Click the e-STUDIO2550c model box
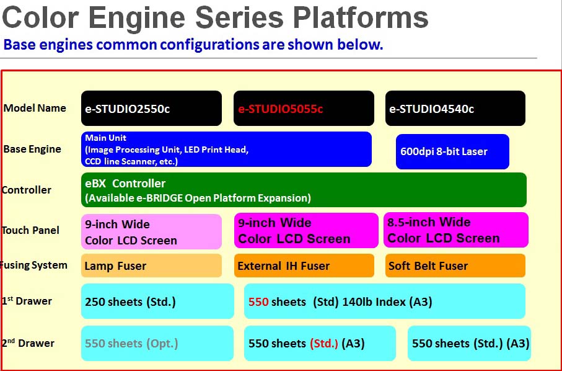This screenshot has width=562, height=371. click(x=151, y=109)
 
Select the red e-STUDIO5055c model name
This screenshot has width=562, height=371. click(x=281, y=109)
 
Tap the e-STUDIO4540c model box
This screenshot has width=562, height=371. click(x=455, y=109)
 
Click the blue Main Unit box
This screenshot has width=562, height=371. click(x=226, y=150)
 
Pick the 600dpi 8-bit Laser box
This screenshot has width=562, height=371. click(x=452, y=151)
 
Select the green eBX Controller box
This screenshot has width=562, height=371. click(x=304, y=190)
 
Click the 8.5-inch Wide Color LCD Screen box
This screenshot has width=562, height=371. click(x=455, y=230)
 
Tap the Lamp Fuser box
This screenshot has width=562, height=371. click(x=151, y=266)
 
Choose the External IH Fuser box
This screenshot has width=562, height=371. click(x=304, y=266)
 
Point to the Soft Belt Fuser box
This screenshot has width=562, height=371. click(x=455, y=266)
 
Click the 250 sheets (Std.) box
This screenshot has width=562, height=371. click(x=157, y=302)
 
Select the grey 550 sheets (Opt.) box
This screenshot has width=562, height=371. click(x=157, y=343)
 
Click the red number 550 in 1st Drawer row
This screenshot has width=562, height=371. click(x=258, y=302)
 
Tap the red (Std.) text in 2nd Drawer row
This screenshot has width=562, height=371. click(x=323, y=343)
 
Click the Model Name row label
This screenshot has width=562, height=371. click(x=35, y=108)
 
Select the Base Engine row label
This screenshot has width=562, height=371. click(x=32, y=149)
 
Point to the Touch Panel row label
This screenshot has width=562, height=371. click(x=30, y=230)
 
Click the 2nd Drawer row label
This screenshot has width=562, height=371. click(x=28, y=343)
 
